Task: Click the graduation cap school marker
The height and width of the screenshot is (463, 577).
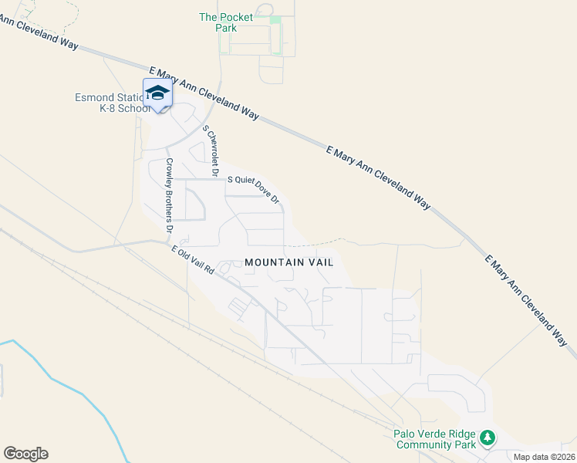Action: [x=157, y=93]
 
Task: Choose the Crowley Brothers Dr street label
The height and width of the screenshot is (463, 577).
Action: [x=167, y=197]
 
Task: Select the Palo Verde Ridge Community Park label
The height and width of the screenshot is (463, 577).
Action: [x=435, y=439]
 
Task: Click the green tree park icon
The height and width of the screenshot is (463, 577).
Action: [x=487, y=438]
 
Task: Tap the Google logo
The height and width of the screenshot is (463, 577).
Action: [x=25, y=454]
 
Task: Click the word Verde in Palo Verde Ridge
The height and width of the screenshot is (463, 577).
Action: [x=430, y=434]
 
